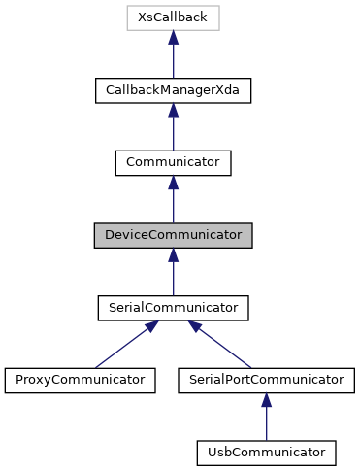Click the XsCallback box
pyautogui.click(x=173, y=18)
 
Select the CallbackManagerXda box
pyautogui.click(x=173, y=90)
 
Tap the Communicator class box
pyautogui.click(x=173, y=162)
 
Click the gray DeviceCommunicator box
pyautogui.click(x=173, y=235)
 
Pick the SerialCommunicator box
pyautogui.click(x=173, y=307)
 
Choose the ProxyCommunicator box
pyautogui.click(x=80, y=379)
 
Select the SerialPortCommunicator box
pyautogui.click(x=266, y=379)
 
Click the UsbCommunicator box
pyautogui.click(x=266, y=452)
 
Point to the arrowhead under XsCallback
pyautogui.click(x=173, y=37)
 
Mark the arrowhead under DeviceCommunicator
pyautogui.click(x=173, y=253)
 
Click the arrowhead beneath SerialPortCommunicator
pyautogui.click(x=266, y=398)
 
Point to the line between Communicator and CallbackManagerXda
pyautogui.click(x=173, y=133)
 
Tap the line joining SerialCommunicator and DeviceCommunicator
pyautogui.click(x=173, y=278)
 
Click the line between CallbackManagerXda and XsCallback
pyautogui.click(x=173, y=60)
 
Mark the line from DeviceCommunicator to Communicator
pyautogui.click(x=173, y=205)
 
